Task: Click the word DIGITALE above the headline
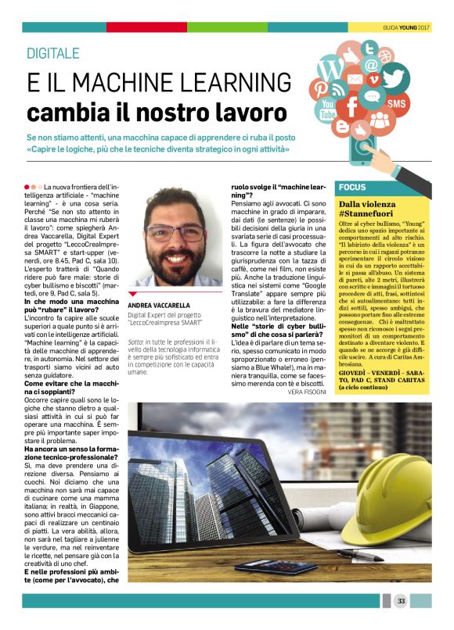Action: (53, 53)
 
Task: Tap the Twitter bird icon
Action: (395, 79)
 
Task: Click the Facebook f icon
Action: (352, 106)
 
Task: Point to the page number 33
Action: (401, 600)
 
